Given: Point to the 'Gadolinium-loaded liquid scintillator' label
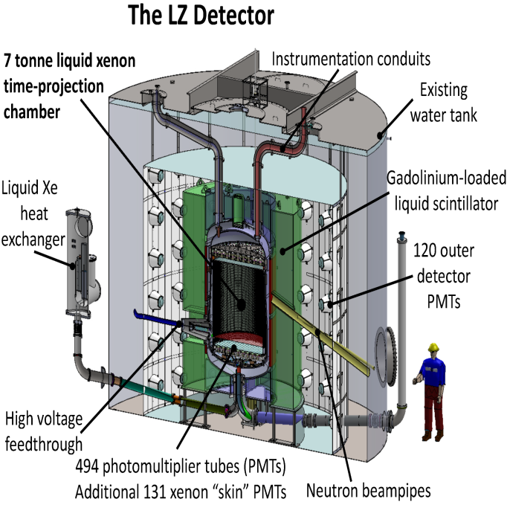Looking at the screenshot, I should point(447,190).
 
